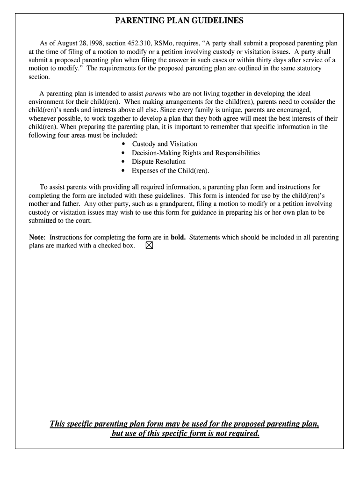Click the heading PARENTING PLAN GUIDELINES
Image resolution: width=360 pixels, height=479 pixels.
pos(180,21)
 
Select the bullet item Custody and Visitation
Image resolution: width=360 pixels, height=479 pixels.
pos(164,144)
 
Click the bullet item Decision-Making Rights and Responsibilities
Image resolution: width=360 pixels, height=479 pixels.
pos(195,153)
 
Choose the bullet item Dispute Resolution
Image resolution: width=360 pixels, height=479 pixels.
pos(158,162)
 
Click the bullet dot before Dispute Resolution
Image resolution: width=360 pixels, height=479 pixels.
pos(123,162)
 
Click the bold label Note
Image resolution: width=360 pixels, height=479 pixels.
pos(37,237)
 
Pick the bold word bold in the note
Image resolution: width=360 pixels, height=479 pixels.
pos(178,237)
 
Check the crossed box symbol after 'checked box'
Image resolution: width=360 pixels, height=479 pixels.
pos(149,246)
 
